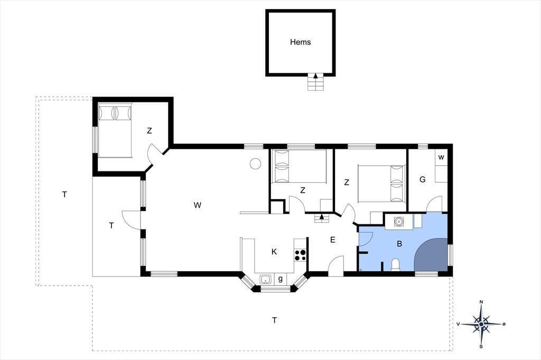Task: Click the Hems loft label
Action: click(300, 42)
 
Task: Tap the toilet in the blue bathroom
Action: click(395, 265)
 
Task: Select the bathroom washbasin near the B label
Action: click(399, 221)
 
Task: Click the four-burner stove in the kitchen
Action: click(300, 255)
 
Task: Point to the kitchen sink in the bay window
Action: click(265, 279)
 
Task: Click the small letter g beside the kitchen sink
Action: click(280, 279)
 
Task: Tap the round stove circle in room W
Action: click(255, 164)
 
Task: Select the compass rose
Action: click(481, 324)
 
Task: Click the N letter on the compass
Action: click(481, 302)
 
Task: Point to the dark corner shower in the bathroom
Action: click(431, 254)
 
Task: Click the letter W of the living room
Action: click(198, 205)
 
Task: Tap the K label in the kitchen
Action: click(274, 252)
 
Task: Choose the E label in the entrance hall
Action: click(333, 240)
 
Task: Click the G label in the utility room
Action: click(422, 179)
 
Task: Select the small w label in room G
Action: click(441, 157)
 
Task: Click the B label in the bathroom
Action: click(399, 244)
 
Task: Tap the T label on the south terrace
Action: click(274, 320)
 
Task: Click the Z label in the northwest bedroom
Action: click(150, 131)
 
